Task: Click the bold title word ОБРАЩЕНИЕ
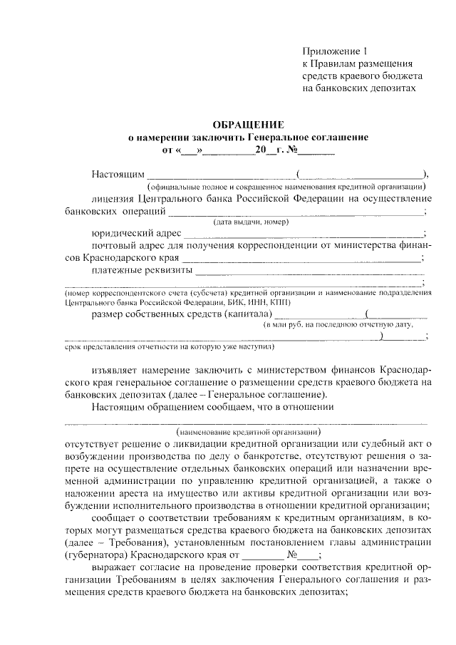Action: pyautogui.click(x=243, y=125)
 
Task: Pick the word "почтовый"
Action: pyautogui.click(x=113, y=246)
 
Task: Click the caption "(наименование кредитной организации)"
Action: pyautogui.click(x=247, y=431)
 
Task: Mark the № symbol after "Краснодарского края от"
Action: pyautogui.click(x=292, y=554)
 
